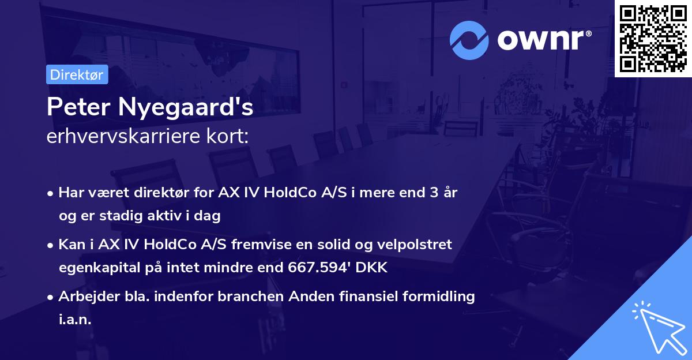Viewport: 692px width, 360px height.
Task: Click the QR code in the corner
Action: [653, 39]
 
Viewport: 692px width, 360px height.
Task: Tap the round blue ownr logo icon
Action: [469, 40]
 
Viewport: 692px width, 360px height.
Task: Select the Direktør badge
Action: [77, 74]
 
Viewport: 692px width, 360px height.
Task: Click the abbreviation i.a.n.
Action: [75, 320]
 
